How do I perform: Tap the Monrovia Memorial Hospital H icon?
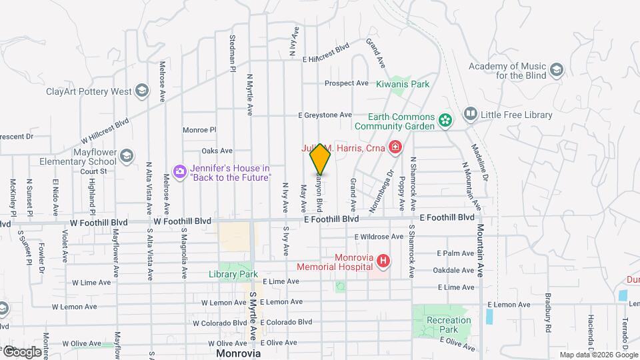coord(383,261)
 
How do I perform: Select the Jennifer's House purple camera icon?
coord(179,172)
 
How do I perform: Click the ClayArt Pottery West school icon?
coord(141,91)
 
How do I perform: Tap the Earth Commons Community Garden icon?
coord(445,121)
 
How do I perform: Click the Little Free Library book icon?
coord(471,115)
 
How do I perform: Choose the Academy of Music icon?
coord(556,70)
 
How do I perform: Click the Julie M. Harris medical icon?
coord(395,147)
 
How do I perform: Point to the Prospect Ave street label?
coord(347,83)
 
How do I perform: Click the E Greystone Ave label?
coord(325,115)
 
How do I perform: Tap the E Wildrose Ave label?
coord(379,236)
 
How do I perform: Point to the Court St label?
coord(94,171)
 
